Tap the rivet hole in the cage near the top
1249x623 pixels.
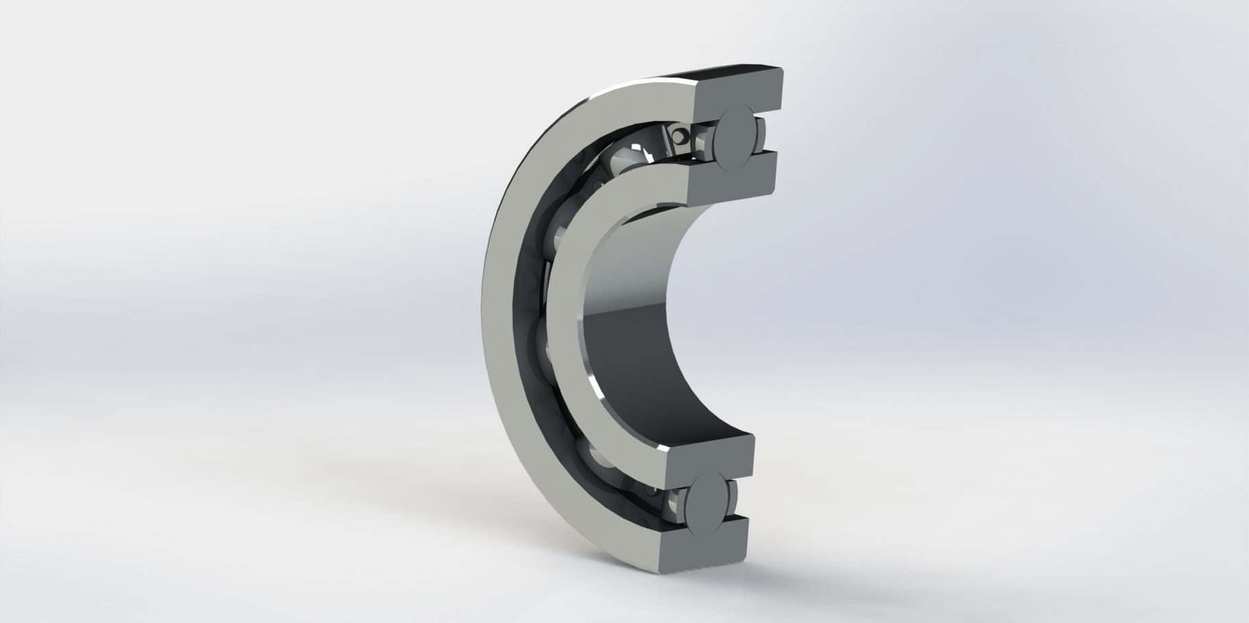click(680, 136)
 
